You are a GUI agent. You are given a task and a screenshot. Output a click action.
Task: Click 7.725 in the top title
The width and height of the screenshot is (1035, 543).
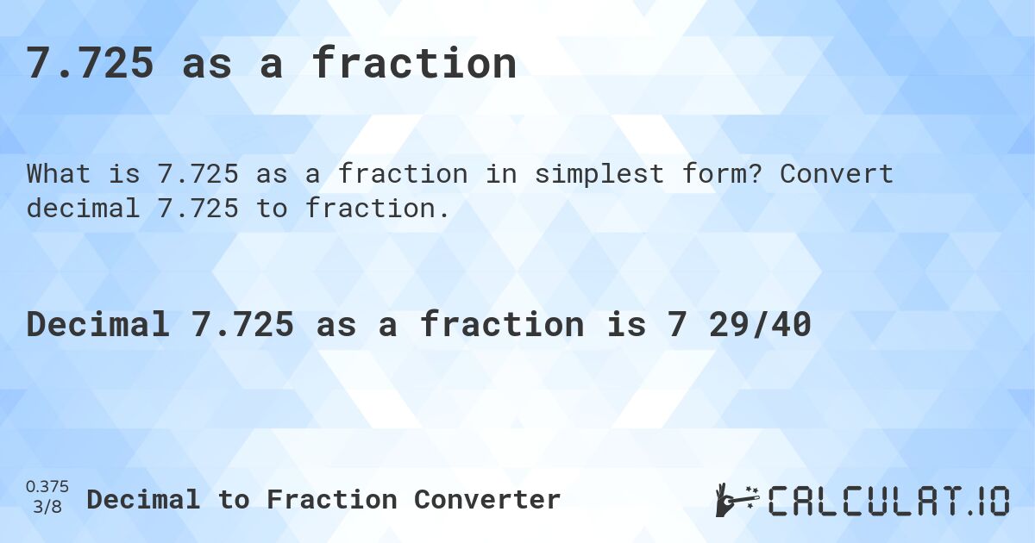pos(90,64)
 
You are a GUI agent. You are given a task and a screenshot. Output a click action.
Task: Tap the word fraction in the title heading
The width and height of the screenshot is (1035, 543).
pos(414,64)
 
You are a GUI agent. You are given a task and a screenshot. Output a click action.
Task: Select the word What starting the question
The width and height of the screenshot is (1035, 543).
pos(59,174)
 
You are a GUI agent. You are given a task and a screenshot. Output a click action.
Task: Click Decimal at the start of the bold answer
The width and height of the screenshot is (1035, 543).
pos(97,325)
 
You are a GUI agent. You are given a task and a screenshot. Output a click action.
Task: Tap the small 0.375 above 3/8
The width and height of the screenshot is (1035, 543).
pos(47,487)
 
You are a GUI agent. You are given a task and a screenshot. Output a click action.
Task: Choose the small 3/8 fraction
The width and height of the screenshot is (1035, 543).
pos(47,507)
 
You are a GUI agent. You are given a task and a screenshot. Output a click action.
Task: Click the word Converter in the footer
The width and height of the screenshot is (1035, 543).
pos(487,499)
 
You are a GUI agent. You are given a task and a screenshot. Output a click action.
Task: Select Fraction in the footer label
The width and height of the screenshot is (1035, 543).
pos(332,499)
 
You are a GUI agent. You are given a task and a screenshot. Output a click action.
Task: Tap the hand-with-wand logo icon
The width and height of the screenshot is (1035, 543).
pos(736,500)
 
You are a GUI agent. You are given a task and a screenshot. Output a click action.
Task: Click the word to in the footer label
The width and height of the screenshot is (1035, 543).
pos(233,499)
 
